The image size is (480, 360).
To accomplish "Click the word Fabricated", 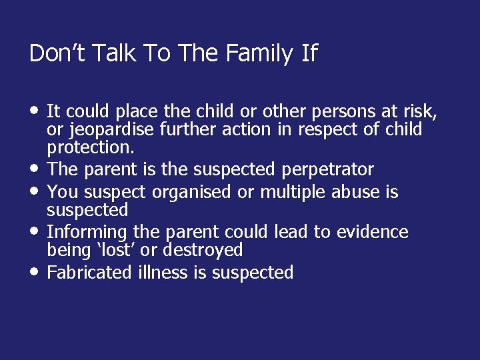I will pyautogui.click(x=89, y=273).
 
